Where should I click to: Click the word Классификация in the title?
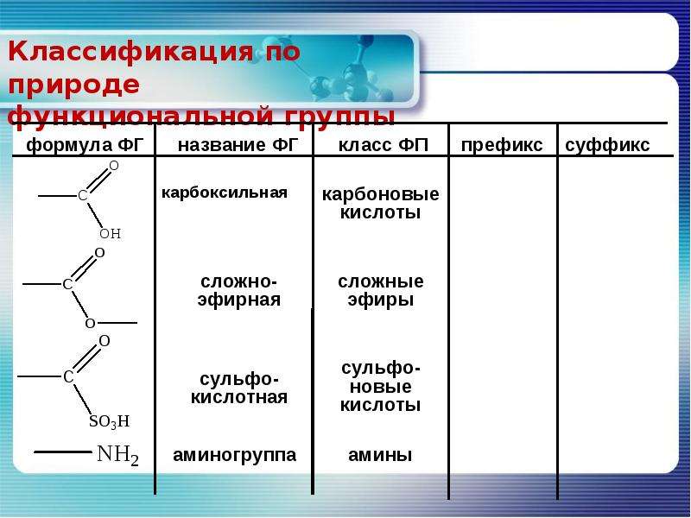point(130,52)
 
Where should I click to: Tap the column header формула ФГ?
point(85,145)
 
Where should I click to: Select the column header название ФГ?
point(238,145)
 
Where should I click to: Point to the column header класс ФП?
point(384,145)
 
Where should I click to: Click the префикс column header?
point(502,145)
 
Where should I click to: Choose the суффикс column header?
point(607,145)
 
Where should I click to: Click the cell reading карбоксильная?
point(225,193)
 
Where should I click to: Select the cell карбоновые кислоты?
point(380,203)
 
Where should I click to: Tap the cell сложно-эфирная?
point(239,290)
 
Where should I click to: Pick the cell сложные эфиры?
point(381,290)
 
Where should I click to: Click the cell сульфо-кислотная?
point(239,388)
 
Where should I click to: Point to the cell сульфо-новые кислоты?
point(380,386)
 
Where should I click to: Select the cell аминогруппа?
point(234,455)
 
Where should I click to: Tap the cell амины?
point(380,455)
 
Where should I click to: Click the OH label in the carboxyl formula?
point(111,233)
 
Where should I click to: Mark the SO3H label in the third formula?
point(110,421)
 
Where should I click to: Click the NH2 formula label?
point(117,455)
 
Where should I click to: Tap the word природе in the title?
point(73,85)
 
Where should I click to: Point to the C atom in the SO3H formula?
point(68,376)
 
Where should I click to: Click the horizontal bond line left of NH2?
point(62,452)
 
